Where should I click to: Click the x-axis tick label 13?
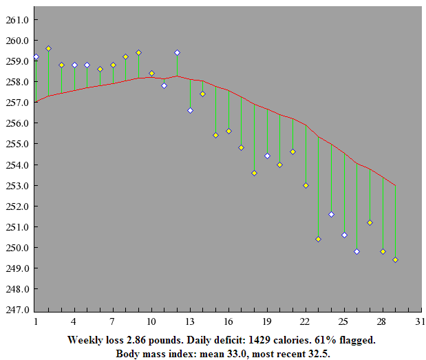(x=189, y=321)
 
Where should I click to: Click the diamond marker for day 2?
(x=48, y=48)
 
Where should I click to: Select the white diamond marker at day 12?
(x=177, y=52)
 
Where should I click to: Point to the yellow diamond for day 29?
(x=395, y=260)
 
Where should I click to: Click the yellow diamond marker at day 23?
(x=318, y=239)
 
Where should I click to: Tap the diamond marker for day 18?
(x=254, y=173)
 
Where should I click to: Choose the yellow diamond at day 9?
(x=138, y=52)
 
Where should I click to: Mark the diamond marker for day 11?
(x=164, y=85)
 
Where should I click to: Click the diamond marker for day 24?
(x=331, y=214)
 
